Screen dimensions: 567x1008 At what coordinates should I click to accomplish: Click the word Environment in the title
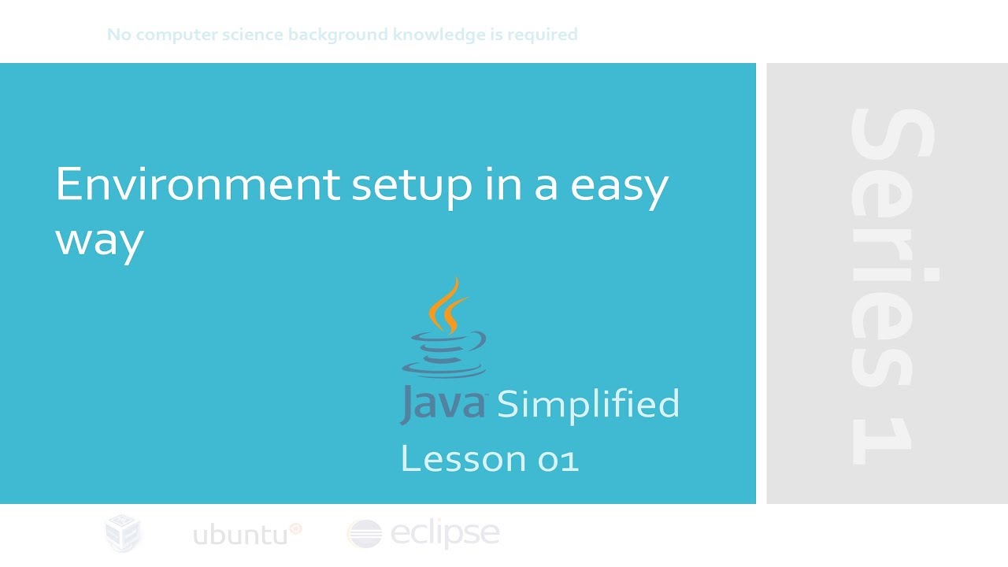197,185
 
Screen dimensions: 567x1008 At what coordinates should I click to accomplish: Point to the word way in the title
99,239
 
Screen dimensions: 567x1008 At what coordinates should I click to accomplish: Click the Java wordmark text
443,405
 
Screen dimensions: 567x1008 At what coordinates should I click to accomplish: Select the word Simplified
587,404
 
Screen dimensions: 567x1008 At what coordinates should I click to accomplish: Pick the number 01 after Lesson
558,459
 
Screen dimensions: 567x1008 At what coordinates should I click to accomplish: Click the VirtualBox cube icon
123,533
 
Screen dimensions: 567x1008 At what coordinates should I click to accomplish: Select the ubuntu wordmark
240,535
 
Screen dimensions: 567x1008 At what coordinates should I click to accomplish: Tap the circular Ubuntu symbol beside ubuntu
296,528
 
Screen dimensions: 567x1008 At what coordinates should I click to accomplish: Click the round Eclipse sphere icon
365,534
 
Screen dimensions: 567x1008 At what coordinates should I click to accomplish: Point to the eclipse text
445,534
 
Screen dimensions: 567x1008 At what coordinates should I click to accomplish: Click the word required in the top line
543,35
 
